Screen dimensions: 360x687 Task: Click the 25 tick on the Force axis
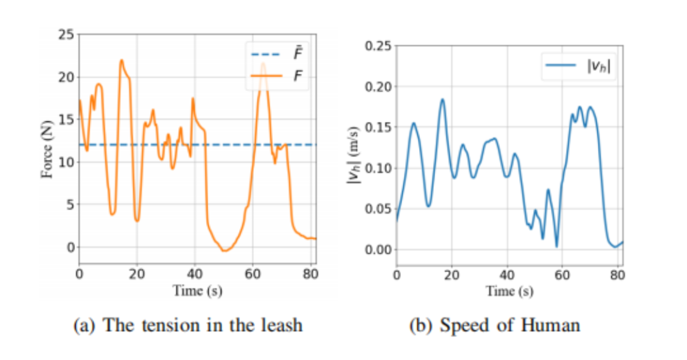point(66,34)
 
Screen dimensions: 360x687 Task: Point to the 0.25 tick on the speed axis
point(377,46)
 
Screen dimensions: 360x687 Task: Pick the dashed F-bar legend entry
point(278,56)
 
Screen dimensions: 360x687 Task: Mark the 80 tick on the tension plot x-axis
point(310,275)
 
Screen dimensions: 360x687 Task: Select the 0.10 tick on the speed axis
point(377,168)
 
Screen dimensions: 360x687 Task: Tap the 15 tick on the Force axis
point(66,120)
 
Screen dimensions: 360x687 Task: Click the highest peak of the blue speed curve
point(442,99)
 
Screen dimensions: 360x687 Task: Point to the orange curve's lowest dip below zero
point(223,251)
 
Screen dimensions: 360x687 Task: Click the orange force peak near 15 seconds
point(121,60)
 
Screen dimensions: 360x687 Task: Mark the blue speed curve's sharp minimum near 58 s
point(557,246)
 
